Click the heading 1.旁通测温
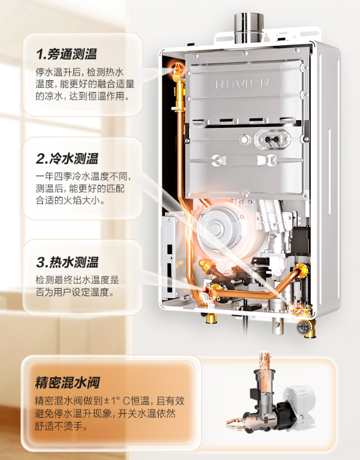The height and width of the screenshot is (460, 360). (x=66, y=54)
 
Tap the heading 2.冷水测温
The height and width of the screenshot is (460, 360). (x=67, y=158)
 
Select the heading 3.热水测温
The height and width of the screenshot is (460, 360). (x=67, y=262)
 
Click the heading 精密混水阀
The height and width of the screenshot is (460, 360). (x=67, y=383)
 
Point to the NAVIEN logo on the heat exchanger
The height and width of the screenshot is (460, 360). (x=242, y=83)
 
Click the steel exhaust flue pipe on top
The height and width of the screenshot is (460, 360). (x=249, y=28)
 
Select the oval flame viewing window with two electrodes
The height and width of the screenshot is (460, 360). (x=272, y=138)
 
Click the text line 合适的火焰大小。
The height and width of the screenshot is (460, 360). (x=70, y=201)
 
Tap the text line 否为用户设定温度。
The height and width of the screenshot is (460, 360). (x=75, y=292)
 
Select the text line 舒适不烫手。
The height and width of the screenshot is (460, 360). (x=61, y=426)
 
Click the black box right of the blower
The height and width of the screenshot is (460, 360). (x=301, y=240)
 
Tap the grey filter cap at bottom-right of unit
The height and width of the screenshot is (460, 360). (x=302, y=327)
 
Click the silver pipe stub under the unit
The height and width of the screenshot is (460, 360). (x=277, y=326)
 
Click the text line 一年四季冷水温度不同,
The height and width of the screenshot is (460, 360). (x=83, y=177)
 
